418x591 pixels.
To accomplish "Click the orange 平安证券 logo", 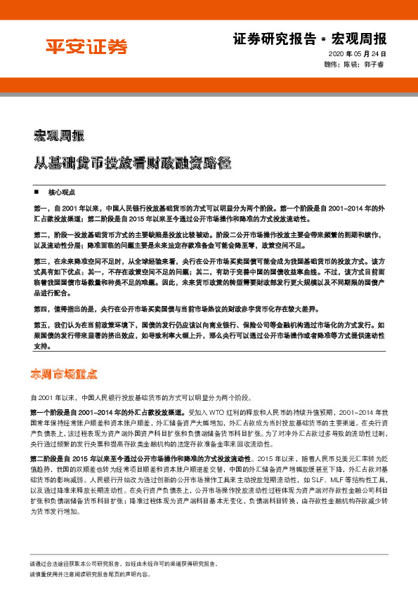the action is tap(86, 46).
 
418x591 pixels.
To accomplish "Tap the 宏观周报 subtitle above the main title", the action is tap(59, 134).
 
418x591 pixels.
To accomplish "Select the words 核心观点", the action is tap(60, 192).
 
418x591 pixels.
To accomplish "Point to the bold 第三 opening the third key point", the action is tap(39, 260).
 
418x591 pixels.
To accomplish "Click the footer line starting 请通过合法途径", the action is tap(123, 564).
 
